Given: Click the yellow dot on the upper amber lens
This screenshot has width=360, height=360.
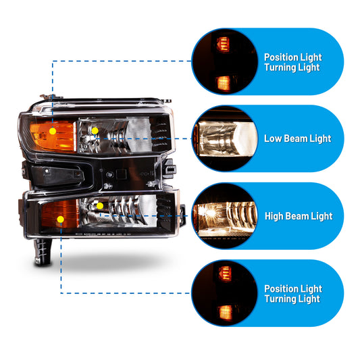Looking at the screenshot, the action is pos(53,131).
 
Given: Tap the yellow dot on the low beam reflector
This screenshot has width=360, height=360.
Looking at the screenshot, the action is pos(95,131).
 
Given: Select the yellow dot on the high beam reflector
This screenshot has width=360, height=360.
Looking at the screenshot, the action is pos(100,206).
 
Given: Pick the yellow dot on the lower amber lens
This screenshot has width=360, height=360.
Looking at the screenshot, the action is pos(61,220).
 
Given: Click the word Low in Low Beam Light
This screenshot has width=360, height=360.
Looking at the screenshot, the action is pos(273,138).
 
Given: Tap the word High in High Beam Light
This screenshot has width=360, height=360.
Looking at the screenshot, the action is pos(274,216).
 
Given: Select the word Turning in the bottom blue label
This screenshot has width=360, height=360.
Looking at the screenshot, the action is pos(278,299).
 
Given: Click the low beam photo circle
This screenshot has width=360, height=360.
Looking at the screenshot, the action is pos(225,138).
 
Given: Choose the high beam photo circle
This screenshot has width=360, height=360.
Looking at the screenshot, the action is pos(225,216).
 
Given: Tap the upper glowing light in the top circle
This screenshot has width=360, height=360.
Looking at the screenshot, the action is pos(223,44).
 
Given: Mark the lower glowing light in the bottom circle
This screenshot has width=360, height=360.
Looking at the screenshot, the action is pos(225,313).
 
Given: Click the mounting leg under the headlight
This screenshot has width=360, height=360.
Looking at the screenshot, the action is pos(43,252).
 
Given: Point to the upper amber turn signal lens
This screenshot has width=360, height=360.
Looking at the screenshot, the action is pos(53,136).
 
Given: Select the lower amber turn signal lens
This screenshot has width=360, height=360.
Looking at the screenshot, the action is pos(60,213).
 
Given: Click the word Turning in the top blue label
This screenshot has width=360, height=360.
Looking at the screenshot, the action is pos(278,68).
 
